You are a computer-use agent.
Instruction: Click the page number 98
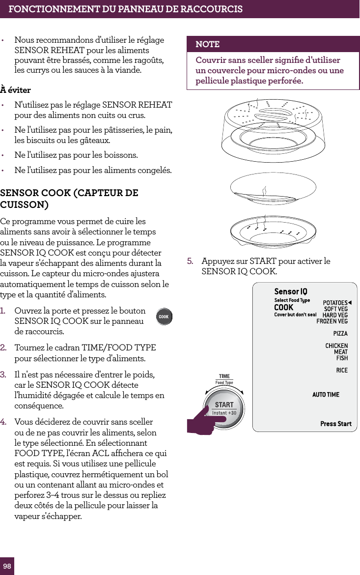[7, 566]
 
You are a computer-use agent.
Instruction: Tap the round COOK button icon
[164, 317]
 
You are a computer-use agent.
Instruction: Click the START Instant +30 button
[224, 408]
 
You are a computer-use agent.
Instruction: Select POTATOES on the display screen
[335, 303]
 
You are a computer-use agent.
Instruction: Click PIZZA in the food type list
[340, 334]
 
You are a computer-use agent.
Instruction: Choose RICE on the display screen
[342, 370]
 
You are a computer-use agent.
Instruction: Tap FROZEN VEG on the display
[332, 321]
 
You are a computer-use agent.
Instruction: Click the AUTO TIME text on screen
[326, 395]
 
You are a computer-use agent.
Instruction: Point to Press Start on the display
[336, 424]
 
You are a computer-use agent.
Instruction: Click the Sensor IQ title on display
[291, 292]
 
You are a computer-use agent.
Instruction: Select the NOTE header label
[208, 44]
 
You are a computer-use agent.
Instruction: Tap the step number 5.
[190, 261]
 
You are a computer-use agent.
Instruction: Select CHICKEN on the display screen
[336, 346]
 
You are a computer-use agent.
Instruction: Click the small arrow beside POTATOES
[350, 303]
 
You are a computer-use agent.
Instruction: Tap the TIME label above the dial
[224, 376]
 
